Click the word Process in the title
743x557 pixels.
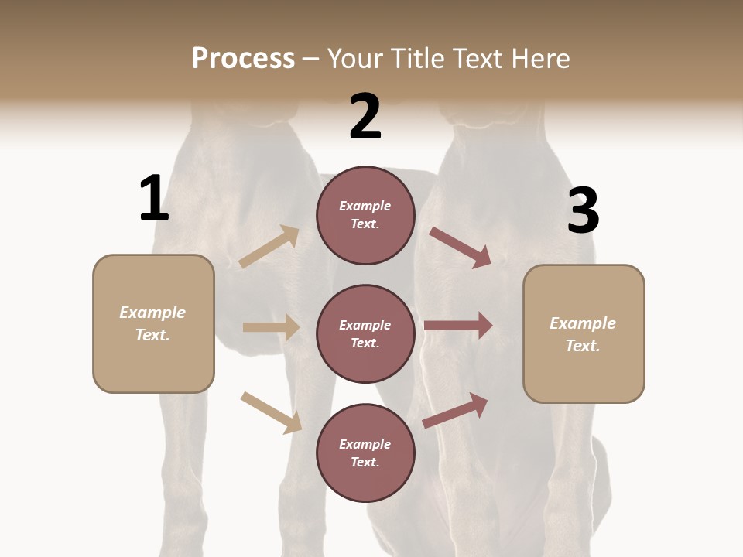click(x=243, y=58)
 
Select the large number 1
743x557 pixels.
click(x=154, y=198)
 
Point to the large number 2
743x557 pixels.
click(x=365, y=117)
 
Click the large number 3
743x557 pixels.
click(x=583, y=211)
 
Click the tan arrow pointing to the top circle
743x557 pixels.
click(x=269, y=247)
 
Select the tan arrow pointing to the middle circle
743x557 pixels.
click(x=270, y=327)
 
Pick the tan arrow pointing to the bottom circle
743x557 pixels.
click(x=271, y=412)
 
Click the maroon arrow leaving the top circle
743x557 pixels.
click(x=460, y=248)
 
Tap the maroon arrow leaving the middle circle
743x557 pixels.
click(x=458, y=326)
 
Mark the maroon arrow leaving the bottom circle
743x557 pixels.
click(x=455, y=410)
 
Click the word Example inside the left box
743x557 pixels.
click(x=152, y=313)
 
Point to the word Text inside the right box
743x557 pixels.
click(x=582, y=346)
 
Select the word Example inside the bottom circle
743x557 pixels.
click(x=365, y=444)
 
